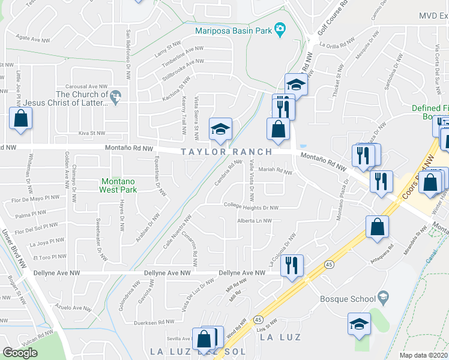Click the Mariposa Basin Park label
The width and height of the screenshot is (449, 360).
pyautogui.click(x=233, y=31)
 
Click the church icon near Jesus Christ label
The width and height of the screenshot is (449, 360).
pyautogui.click(x=117, y=95)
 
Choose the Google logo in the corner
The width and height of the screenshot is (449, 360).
pyautogui.click(x=20, y=352)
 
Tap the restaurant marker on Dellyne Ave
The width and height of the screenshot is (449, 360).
pyautogui.click(x=292, y=265)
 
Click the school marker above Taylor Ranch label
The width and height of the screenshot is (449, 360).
pyautogui.click(x=220, y=129)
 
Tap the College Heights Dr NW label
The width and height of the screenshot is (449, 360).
pyautogui.click(x=251, y=208)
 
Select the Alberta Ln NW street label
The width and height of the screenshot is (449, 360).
pyautogui.click(x=255, y=221)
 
